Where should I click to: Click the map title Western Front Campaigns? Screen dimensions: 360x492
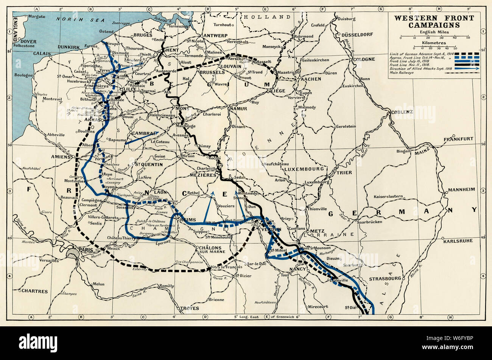point(434,22)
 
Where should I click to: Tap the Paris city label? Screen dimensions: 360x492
point(86,250)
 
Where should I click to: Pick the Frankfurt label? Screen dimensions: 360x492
point(458,139)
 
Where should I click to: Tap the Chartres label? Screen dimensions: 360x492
point(34,292)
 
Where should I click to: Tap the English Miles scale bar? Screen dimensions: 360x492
point(434,37)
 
